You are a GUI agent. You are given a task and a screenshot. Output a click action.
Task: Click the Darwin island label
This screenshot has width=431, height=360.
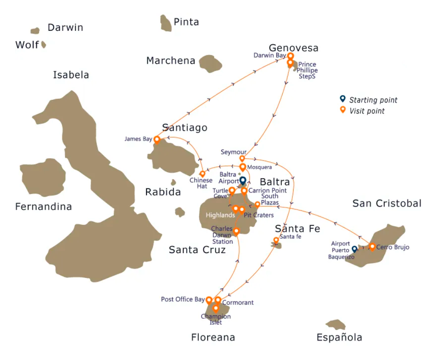[x=65, y=28]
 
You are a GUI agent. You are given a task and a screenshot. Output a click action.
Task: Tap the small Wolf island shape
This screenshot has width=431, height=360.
[x=43, y=45]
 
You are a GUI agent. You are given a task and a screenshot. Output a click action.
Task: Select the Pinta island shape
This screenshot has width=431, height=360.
[x=166, y=23]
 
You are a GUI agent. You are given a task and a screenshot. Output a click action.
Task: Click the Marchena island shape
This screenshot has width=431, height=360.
[x=210, y=64]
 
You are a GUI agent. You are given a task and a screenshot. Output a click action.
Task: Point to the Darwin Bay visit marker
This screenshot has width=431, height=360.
[x=290, y=56]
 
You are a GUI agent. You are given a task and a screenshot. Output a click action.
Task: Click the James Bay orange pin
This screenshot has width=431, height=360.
[x=157, y=139]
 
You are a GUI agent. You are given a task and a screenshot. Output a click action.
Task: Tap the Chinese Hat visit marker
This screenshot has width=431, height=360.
[x=202, y=173]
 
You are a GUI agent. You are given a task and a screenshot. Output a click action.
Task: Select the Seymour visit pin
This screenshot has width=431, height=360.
[x=242, y=158]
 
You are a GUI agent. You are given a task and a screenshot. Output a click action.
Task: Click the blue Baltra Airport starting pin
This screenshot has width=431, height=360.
[x=243, y=181]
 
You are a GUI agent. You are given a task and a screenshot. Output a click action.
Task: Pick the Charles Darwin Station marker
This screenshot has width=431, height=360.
[x=236, y=231]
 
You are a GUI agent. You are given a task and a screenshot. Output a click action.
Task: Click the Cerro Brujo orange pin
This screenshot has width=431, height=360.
[x=372, y=246]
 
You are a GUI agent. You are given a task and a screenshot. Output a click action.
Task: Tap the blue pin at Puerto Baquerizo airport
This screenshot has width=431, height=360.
[x=355, y=249]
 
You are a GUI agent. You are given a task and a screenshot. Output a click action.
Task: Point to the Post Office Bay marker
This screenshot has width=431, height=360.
[x=209, y=300]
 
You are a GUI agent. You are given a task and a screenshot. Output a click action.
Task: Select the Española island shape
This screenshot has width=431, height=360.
[x=336, y=324]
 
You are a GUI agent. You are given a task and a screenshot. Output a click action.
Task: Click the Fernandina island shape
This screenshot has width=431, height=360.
[x=43, y=177]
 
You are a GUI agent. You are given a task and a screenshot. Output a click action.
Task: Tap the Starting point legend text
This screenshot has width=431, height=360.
[x=373, y=100]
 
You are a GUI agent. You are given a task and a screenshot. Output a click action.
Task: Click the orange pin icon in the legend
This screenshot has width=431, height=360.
[x=343, y=110]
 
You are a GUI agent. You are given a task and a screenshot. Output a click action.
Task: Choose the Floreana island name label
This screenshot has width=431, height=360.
[x=213, y=337]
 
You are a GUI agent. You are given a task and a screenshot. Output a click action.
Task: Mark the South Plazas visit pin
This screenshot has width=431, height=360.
[x=257, y=205]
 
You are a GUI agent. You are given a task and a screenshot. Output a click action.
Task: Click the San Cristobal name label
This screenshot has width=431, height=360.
[x=387, y=203]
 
